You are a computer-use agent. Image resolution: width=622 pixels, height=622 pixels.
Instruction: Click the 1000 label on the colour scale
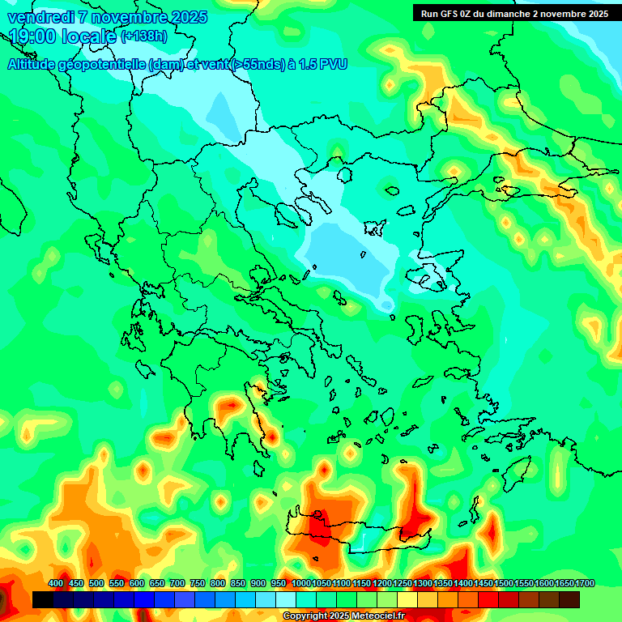point(300,584)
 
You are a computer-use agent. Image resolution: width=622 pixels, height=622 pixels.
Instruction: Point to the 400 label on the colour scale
point(56,584)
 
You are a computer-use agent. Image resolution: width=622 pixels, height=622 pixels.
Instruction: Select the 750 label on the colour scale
point(198,584)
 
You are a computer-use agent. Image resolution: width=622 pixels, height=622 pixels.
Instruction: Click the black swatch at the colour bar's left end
point(43,600)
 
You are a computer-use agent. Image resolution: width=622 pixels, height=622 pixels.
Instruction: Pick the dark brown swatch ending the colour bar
point(569,600)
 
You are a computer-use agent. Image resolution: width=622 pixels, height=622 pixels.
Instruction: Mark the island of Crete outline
point(356,535)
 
